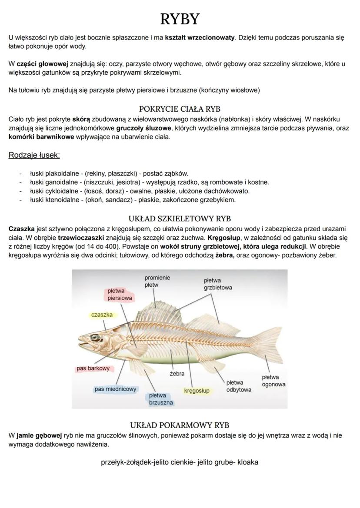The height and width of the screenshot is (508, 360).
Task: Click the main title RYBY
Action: (180, 19)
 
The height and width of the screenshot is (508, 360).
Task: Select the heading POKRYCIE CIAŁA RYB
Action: (180, 109)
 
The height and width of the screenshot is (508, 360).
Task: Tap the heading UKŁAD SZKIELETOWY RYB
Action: (180, 219)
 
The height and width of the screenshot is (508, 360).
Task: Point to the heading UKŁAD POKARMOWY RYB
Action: (180, 425)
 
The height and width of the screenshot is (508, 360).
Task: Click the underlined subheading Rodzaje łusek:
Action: (34, 155)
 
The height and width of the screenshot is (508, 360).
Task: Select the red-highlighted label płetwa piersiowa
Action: (120, 294)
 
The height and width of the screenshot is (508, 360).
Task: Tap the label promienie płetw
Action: (157, 281)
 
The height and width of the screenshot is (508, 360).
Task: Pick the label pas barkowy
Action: (93, 369)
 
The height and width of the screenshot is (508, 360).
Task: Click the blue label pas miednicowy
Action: (115, 389)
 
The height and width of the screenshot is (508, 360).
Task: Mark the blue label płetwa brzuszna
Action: (158, 399)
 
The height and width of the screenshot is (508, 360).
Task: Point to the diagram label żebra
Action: (177, 373)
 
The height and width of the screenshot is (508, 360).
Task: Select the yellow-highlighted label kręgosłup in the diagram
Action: (197, 391)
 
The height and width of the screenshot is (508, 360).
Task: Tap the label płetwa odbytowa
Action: (238, 386)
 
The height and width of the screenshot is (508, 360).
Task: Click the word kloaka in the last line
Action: (248, 462)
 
